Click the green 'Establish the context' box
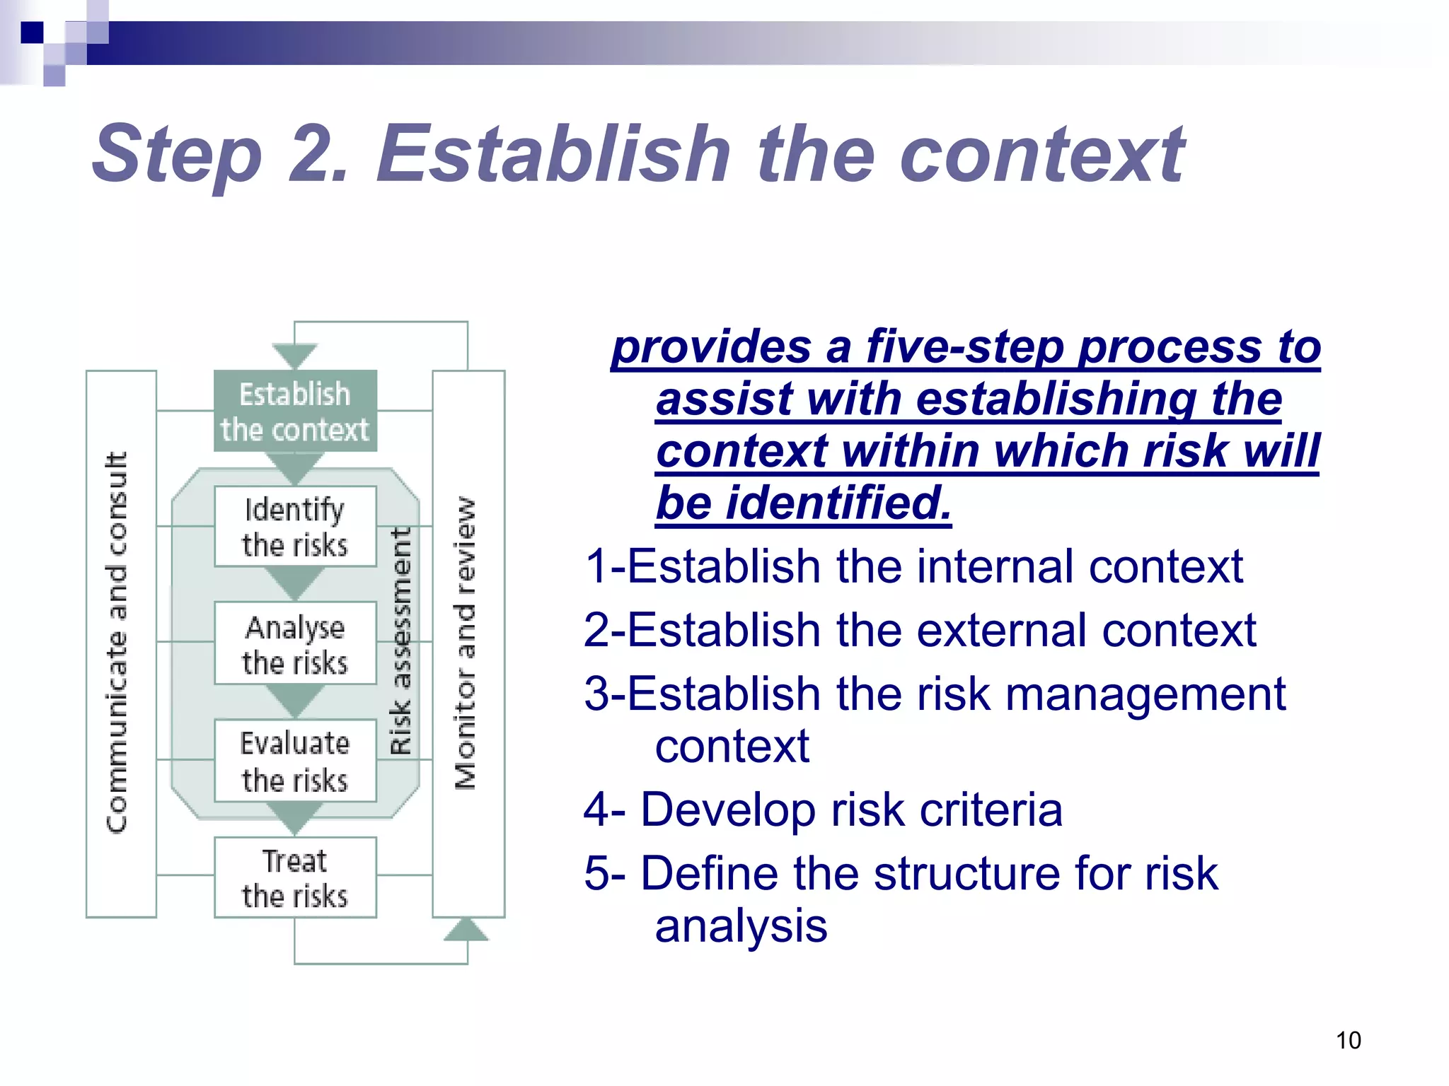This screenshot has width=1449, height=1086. pos(295,411)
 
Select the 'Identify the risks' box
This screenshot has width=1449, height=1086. pos(295,527)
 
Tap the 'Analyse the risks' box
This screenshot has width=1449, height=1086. pos(295,643)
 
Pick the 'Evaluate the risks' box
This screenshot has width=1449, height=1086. pos(295,761)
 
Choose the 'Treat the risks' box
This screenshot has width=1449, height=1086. pos(295,877)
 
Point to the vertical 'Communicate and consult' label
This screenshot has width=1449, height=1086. pos(117,642)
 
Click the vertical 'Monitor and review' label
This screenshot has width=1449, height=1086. pos(466,642)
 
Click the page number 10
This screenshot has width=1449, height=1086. pos(1348,1040)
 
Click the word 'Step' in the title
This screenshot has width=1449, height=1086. pos(177,154)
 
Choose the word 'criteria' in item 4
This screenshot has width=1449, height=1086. pos(991,810)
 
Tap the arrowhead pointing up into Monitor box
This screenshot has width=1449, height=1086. pos(466,930)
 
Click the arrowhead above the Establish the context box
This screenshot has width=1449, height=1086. pos(294,356)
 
